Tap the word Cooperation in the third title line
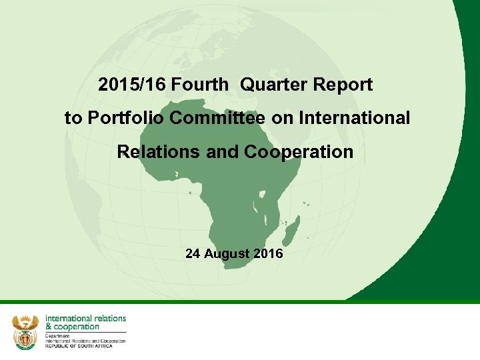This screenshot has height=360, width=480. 299,152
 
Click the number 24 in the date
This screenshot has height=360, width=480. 193,254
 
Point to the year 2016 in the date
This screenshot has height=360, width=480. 268,254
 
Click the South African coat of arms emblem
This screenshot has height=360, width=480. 26,331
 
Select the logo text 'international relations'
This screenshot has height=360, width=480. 85,319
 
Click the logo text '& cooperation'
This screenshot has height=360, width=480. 72,327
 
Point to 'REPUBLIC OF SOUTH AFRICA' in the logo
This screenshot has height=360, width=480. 79,345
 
